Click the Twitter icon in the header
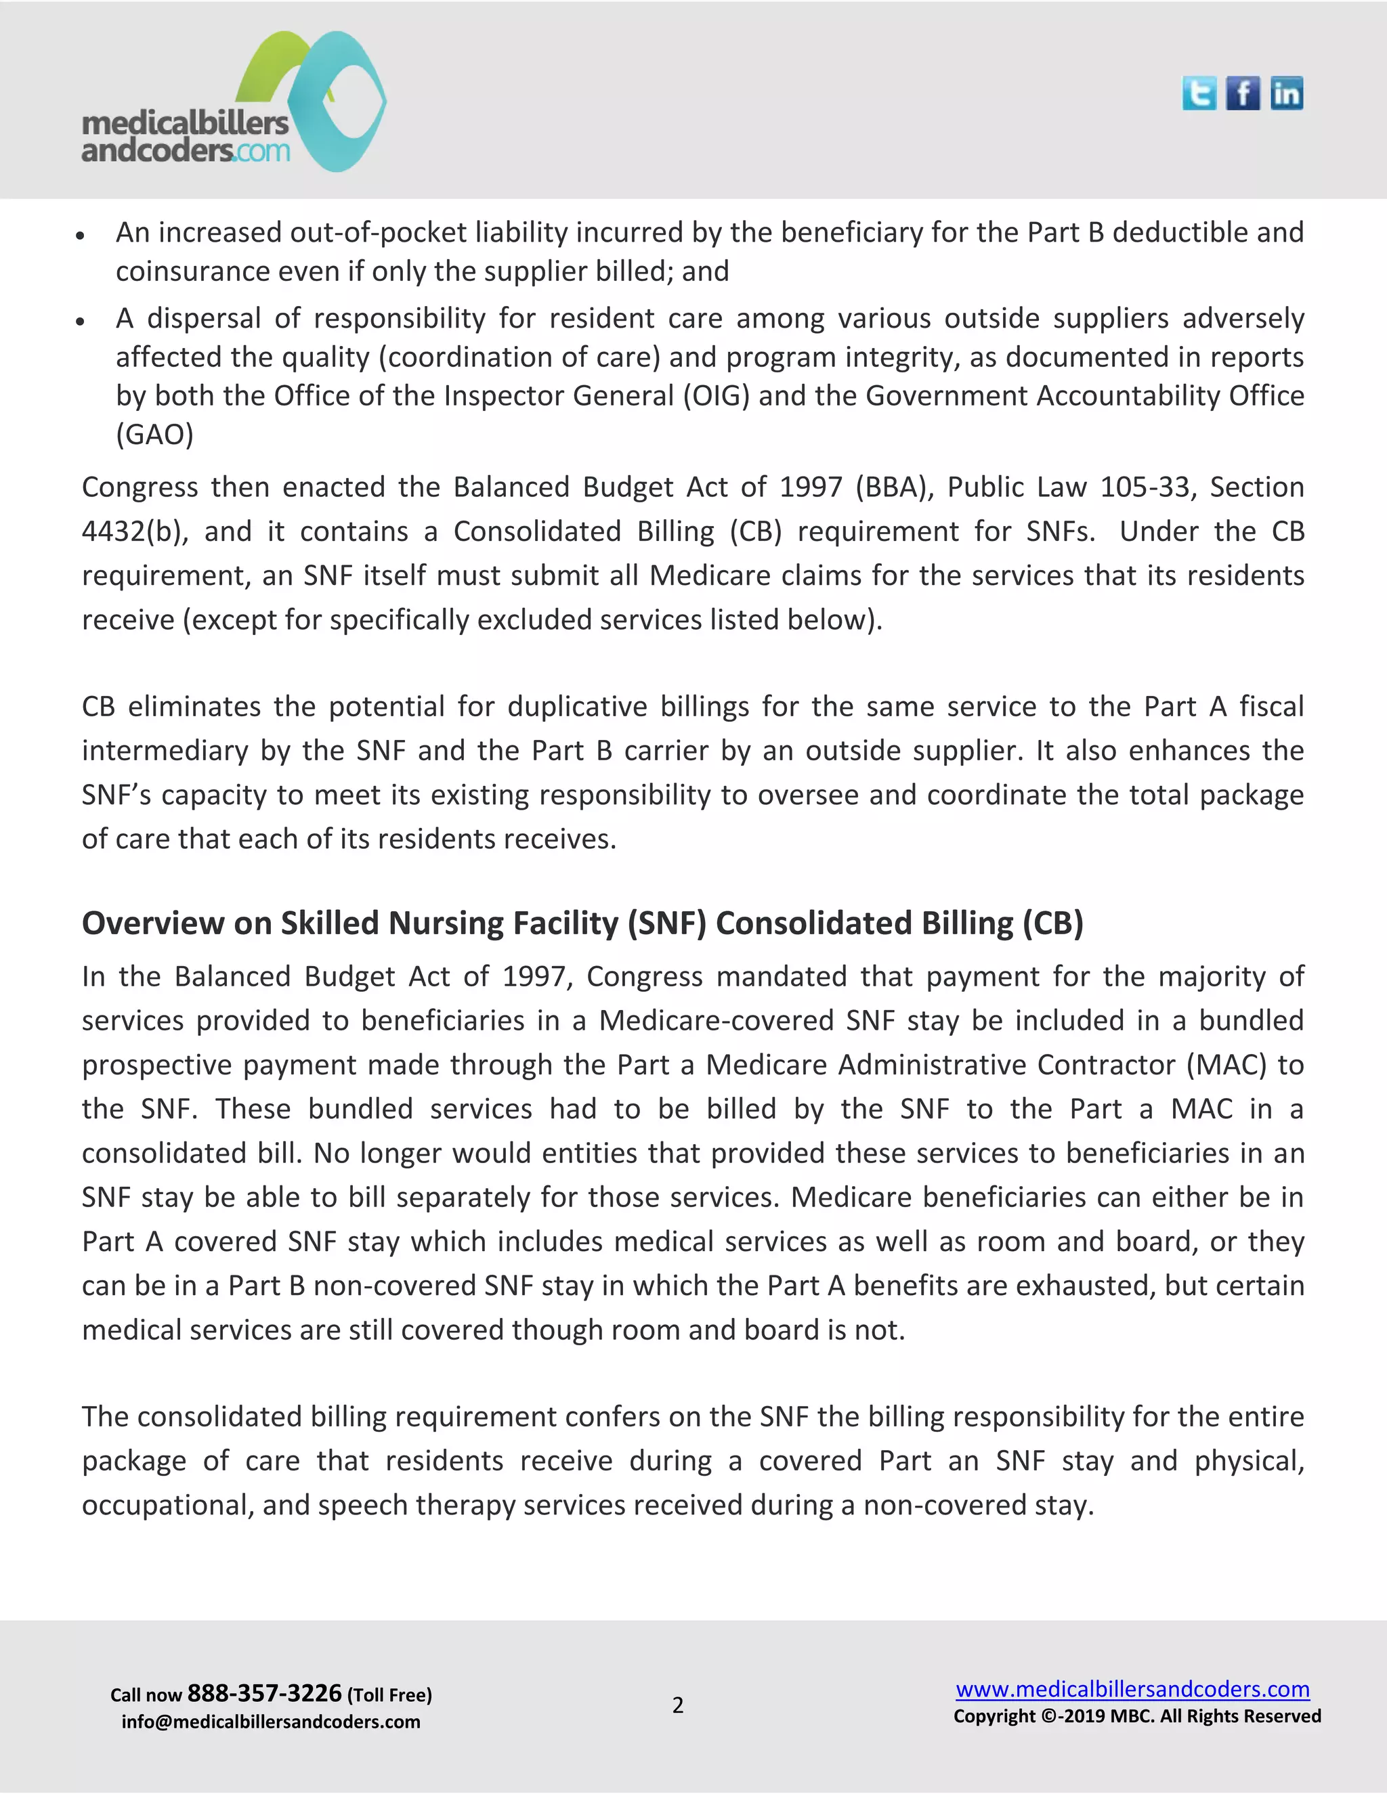pyautogui.click(x=1199, y=93)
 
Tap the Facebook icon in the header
pyautogui.click(x=1242, y=93)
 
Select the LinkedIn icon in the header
pyautogui.click(x=1286, y=93)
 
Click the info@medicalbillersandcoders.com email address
pyautogui.click(x=270, y=1721)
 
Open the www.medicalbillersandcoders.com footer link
pyautogui.click(x=1132, y=1689)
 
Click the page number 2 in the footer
pyautogui.click(x=678, y=1705)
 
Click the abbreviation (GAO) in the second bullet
pyautogui.click(x=154, y=434)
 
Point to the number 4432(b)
pyautogui.click(x=135, y=531)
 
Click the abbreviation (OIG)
pyautogui.click(x=716, y=396)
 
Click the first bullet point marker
pyautogui.click(x=80, y=235)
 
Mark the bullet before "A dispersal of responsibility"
pyautogui.click(x=80, y=321)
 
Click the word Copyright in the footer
pyautogui.click(x=994, y=1716)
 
